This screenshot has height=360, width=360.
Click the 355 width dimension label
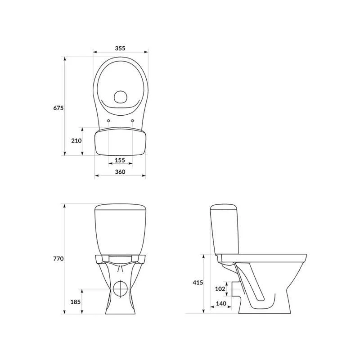coord(120,48)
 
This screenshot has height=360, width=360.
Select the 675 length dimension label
coord(58,108)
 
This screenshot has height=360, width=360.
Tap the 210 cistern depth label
coord(76,140)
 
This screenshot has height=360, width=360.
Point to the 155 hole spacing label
coord(120,160)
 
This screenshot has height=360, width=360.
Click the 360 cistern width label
coord(120,172)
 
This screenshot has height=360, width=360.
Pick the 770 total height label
coord(58,258)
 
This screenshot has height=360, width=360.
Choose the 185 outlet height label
coord(76,301)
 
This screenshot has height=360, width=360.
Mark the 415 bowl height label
coord(198,283)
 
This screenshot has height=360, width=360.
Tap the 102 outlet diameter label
coord(220,289)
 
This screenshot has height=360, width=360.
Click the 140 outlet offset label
coord(221,303)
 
